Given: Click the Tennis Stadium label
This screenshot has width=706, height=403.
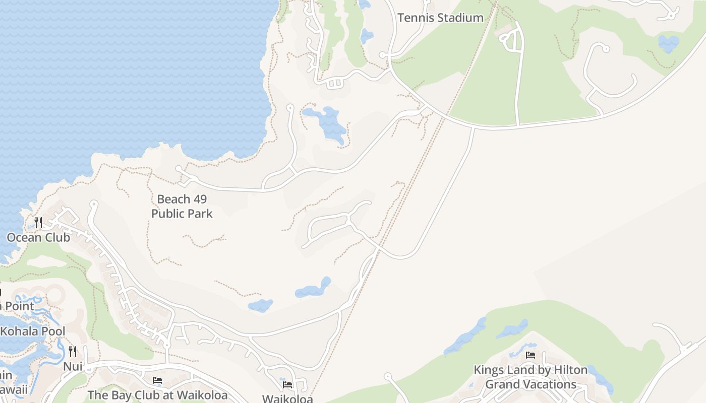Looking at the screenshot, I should [440, 18].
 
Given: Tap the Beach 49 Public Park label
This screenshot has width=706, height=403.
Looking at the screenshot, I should [182, 206].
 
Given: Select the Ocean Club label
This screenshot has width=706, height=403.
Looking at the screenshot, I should [38, 237].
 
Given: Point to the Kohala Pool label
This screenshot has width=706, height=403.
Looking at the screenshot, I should [33, 331].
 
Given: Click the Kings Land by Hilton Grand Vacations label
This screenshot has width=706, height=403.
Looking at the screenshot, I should [531, 377].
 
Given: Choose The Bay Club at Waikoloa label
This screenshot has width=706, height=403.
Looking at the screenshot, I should [157, 395].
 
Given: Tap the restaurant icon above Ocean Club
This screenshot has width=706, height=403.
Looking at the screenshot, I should [38, 222].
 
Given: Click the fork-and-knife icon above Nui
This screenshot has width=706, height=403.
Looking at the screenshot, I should [73, 351].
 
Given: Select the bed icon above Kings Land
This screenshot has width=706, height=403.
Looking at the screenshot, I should [531, 355].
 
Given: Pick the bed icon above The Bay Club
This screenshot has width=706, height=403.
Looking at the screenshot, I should [157, 380].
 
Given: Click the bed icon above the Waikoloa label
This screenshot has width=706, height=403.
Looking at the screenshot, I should [287, 385].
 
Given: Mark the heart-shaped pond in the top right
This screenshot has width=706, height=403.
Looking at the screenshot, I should [669, 43].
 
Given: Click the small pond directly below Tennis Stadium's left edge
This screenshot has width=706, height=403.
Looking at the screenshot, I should [367, 36].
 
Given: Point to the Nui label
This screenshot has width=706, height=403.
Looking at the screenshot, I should [73, 366].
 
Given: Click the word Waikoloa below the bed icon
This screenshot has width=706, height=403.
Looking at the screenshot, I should [287, 398].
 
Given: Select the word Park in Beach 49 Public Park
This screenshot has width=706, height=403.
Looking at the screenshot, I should [200, 214].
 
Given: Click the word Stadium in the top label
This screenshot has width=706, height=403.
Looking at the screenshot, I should [460, 18].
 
